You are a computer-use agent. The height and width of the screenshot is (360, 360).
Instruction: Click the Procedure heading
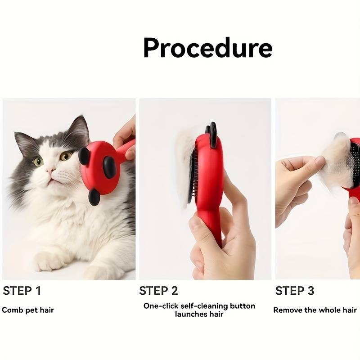click(x=208, y=48)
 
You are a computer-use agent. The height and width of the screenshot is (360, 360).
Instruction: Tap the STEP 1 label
click(x=22, y=291)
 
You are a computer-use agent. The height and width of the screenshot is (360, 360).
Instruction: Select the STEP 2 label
click(x=158, y=291)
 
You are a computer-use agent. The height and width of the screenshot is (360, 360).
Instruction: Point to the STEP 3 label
click(x=295, y=291)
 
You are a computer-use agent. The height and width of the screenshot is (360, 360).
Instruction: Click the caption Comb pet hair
click(x=28, y=310)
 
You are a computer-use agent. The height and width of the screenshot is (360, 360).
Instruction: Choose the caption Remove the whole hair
click(x=315, y=310)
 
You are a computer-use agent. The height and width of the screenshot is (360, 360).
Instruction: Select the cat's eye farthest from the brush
click(x=38, y=162)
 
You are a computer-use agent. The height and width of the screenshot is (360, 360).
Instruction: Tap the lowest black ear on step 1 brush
click(x=94, y=197)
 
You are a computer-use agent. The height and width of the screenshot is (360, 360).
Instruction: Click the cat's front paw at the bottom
click(x=49, y=262)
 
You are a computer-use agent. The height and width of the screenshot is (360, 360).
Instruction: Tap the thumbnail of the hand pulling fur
click(x=319, y=160)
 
